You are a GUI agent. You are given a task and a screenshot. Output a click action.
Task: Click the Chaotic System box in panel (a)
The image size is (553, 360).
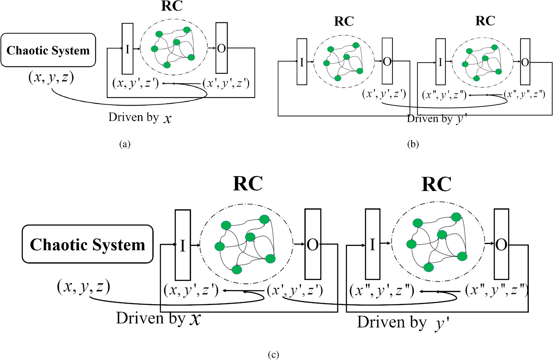tap(48, 50)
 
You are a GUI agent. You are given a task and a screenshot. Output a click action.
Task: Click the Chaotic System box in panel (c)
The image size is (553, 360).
tap(88, 244)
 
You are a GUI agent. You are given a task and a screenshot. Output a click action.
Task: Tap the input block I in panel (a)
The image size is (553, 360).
tap(127, 49)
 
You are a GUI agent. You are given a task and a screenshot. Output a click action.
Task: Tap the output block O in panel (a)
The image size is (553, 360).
tap(222, 48)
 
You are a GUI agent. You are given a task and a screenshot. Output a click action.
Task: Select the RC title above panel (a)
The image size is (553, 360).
tap(172, 6)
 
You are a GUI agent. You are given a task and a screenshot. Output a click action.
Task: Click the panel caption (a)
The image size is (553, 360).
tap(125, 144)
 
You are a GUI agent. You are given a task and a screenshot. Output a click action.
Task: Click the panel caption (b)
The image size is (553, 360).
tap(413, 144)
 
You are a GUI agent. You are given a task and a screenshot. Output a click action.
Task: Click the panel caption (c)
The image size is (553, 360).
tap(273, 354)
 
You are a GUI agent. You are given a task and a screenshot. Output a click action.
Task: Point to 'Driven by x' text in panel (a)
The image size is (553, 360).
tap(140, 118)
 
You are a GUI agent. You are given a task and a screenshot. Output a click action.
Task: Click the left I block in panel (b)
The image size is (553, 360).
tap(302, 62)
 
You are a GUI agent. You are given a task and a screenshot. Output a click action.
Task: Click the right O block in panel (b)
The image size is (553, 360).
tap(525, 62)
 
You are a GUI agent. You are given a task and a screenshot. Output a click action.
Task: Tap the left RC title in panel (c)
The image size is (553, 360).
tap(248, 184)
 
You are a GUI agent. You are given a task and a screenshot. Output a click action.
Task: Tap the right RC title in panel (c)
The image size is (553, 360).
tap(436, 184)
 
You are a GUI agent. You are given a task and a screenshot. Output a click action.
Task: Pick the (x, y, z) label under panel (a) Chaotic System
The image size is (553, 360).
tap(51, 77)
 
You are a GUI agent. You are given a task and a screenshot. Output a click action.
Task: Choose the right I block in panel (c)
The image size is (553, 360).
tap(372, 244)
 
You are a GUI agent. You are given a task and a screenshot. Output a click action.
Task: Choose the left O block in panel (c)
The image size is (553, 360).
tap(312, 244)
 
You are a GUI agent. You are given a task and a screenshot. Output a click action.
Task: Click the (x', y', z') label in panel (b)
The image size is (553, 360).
tap(384, 94)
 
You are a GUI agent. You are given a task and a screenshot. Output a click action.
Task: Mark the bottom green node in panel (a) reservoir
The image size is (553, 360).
tap(167, 65)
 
